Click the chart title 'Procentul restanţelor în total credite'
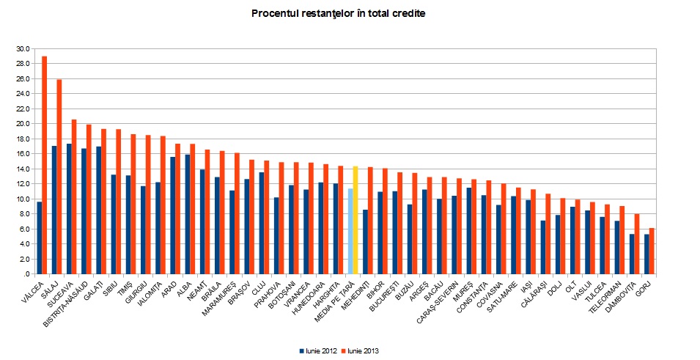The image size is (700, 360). pos(338,13)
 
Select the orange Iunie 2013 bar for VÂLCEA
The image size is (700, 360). pos(45,165)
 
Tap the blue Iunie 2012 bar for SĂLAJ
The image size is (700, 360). pos(54,210)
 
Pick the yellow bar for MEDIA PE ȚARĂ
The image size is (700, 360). pos(355,220)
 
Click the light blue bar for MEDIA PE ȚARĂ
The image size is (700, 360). pos(350,231)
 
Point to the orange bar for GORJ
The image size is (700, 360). pos(652,251)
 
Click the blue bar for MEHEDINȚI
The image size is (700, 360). pos(365,242)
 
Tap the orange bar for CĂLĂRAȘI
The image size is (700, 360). pos(548,234)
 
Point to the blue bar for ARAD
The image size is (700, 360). pos(173,216)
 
